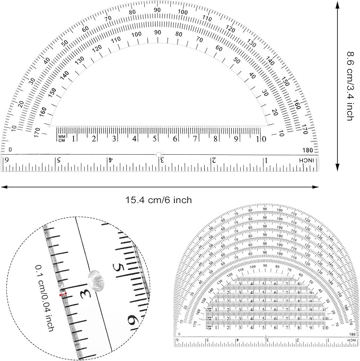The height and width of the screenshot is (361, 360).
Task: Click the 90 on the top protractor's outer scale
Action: (157, 10)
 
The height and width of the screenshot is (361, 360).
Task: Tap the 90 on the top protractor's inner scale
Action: (157, 32)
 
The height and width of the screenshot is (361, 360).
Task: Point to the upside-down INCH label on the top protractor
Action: (308, 160)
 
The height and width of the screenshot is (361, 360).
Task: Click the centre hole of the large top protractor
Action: (158, 154)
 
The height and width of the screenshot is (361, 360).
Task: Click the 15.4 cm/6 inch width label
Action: (158, 200)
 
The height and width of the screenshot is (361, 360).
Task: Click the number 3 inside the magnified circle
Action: (83, 293)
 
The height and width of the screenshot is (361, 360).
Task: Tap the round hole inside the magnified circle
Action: (95, 276)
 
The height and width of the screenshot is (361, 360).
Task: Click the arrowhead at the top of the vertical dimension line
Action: (338, 4)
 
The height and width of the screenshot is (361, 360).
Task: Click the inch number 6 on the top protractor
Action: (6, 160)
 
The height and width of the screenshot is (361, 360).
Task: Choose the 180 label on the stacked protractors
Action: (352, 334)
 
